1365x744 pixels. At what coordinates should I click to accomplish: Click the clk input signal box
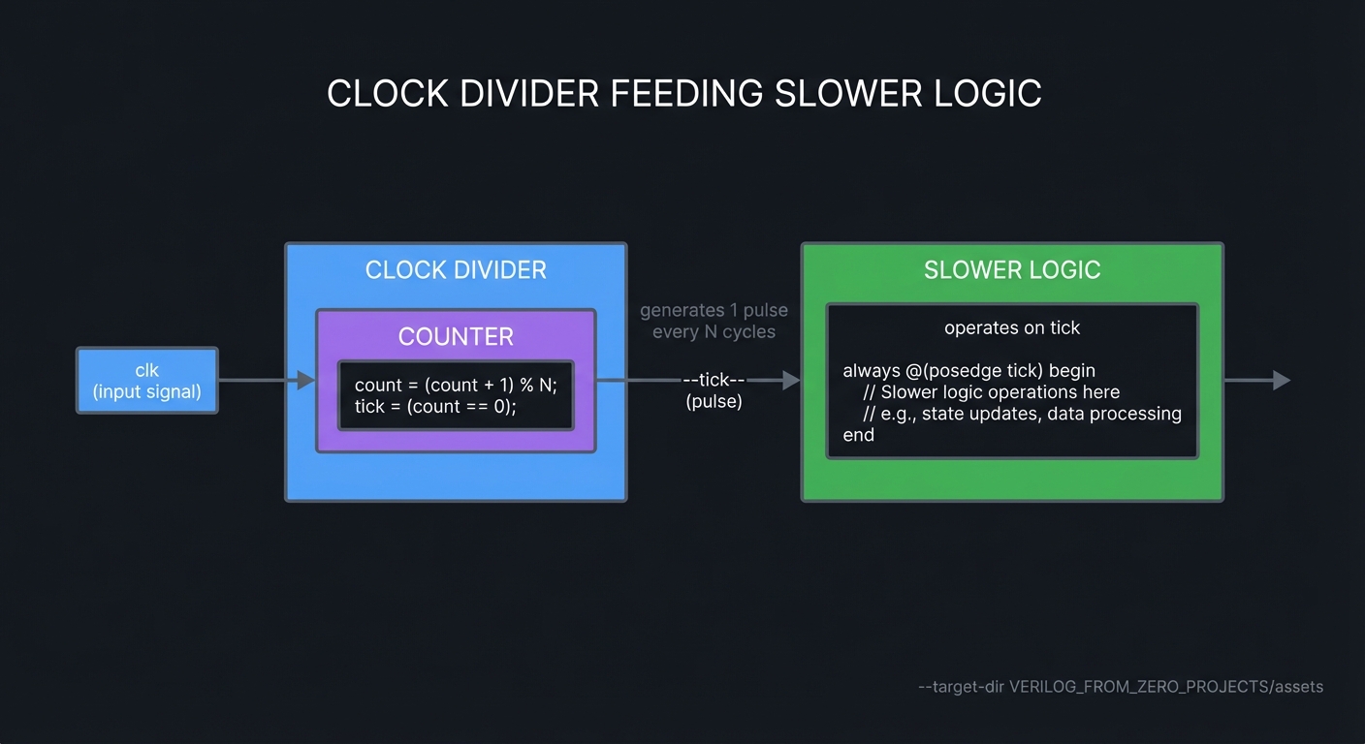tap(147, 381)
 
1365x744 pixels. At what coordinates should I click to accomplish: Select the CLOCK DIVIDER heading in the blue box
tap(456, 269)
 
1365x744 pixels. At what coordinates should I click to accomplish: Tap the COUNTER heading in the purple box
tap(456, 336)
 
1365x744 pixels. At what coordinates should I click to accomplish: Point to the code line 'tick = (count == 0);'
tap(435, 407)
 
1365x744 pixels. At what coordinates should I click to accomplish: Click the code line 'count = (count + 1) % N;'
tap(456, 385)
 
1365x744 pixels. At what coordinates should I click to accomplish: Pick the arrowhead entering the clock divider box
tap(306, 381)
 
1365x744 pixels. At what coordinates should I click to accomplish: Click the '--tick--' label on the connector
tap(714, 380)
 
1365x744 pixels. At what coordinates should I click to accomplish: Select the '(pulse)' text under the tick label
tap(714, 401)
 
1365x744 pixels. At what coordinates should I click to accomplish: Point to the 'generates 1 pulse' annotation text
tap(714, 311)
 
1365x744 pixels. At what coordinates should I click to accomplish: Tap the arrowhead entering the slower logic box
tap(791, 381)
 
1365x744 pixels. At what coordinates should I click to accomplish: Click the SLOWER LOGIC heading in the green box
tap(1012, 269)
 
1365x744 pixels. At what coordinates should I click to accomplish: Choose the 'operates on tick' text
tap(1012, 327)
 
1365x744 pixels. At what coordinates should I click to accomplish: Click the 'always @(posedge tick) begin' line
tap(968, 371)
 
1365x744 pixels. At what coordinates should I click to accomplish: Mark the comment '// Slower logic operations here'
tap(991, 392)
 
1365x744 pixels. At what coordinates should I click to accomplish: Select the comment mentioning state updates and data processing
tap(1022, 414)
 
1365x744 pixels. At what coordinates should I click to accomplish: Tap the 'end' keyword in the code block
tap(858, 435)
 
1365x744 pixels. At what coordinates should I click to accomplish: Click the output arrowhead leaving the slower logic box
tap(1282, 381)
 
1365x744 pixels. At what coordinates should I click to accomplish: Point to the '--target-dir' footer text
tap(1120, 687)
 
